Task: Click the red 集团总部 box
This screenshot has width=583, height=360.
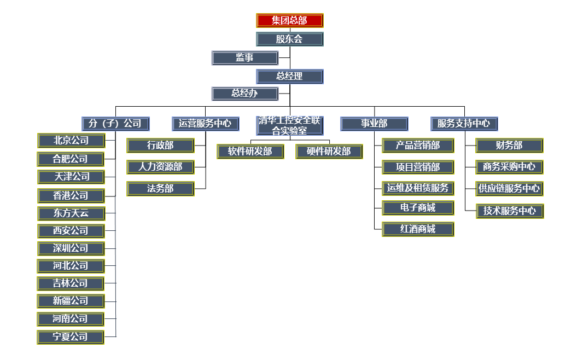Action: click(289, 21)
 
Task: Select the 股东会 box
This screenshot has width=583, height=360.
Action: click(289, 39)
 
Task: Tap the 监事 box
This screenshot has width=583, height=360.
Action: click(244, 57)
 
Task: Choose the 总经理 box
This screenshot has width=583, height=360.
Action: click(289, 76)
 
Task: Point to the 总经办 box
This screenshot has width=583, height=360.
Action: click(244, 94)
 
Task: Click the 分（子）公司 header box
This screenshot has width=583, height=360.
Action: click(115, 123)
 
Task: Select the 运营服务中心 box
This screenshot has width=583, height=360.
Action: click(205, 123)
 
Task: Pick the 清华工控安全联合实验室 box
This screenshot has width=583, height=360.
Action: click(289, 125)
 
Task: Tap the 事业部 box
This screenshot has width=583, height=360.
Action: click(374, 123)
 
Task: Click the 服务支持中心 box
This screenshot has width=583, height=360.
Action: click(464, 123)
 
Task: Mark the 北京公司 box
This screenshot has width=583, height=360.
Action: click(71, 141)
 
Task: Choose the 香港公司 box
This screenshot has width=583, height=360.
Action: click(71, 195)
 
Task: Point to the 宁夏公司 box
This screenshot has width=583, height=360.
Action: click(71, 336)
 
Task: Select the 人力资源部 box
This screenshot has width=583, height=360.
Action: click(160, 167)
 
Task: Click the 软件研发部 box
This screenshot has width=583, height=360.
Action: click(250, 152)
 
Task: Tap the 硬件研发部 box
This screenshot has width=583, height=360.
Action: click(329, 152)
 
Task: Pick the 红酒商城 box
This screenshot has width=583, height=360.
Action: click(418, 229)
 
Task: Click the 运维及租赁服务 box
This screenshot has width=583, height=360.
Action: click(418, 188)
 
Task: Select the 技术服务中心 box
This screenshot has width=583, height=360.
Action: click(510, 211)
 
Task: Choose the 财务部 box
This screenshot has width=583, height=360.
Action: click(509, 146)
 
